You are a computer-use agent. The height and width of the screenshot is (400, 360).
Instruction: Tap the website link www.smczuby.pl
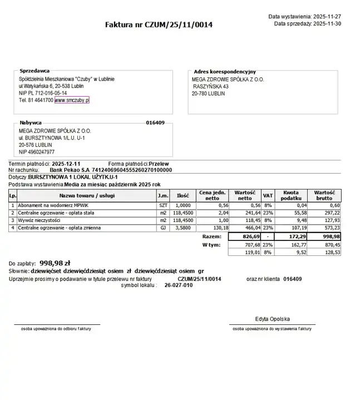tap(72, 101)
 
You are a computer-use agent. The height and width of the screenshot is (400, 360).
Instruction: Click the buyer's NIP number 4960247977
tap(42, 152)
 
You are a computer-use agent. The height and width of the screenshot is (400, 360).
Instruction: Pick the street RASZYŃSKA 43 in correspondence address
tap(211, 87)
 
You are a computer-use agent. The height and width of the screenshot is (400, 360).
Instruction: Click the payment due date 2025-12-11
tap(66, 164)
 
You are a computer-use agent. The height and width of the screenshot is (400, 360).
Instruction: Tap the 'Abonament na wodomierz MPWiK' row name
tap(51, 205)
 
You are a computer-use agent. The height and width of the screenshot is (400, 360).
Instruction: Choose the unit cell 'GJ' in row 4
tap(163, 228)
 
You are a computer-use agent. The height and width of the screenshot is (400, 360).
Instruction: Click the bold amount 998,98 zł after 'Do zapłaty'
tap(55, 263)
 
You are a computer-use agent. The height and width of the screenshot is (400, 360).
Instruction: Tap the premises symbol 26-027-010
tap(179, 285)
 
